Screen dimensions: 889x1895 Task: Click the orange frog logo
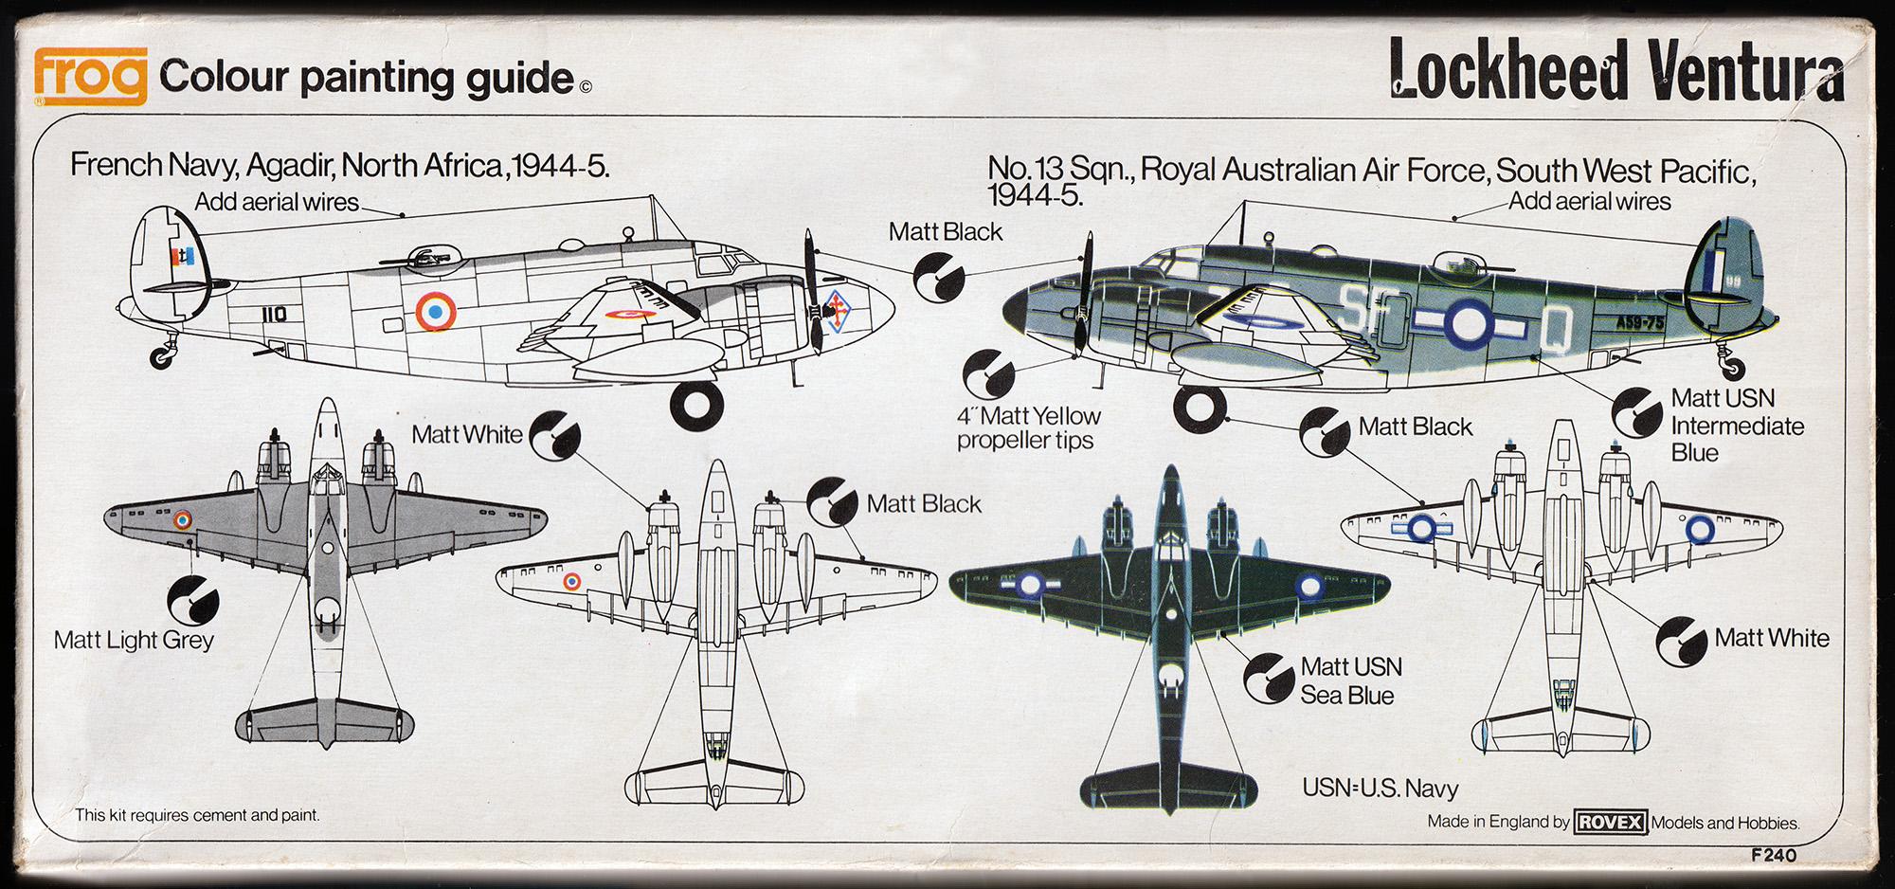(90, 75)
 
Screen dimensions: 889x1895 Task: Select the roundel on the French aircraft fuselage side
(436, 311)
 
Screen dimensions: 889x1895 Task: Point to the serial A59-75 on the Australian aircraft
(1640, 321)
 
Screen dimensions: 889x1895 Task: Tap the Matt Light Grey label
(134, 641)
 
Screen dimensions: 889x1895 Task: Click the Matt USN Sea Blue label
(1349, 681)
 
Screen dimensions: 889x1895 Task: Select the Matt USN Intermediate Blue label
(1736, 426)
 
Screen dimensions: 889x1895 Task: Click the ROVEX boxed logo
(1610, 822)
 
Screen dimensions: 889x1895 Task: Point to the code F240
(1774, 856)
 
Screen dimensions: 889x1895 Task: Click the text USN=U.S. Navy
(1380, 788)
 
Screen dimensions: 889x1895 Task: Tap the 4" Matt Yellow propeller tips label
(1028, 428)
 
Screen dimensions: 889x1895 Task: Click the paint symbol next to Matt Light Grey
(192, 600)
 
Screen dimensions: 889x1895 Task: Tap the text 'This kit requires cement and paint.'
(197, 815)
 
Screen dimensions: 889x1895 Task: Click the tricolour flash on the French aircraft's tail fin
(183, 256)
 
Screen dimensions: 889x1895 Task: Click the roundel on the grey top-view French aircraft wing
(183, 519)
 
